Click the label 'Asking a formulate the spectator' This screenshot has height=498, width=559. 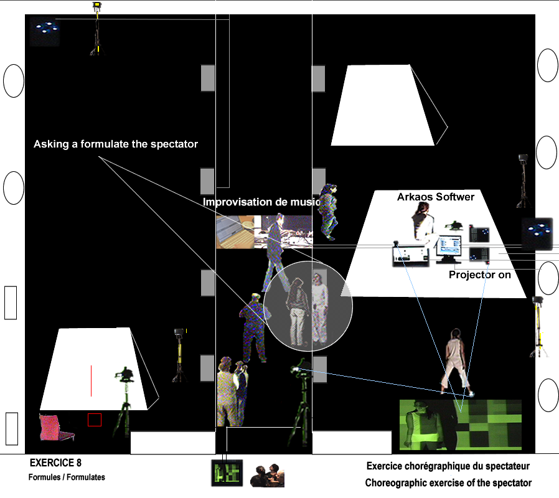[116, 144]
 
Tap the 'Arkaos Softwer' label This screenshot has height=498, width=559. [436, 197]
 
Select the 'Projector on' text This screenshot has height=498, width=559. [480, 275]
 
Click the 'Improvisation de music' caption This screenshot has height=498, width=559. [261, 202]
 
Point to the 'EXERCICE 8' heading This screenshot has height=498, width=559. [55, 463]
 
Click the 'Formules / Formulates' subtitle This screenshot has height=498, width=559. [67, 477]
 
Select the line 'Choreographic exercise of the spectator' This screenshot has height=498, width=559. [448, 483]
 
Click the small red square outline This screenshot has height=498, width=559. [95, 420]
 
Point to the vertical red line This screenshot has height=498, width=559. [91, 381]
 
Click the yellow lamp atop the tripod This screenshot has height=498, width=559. [96, 7]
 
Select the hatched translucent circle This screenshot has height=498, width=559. [308, 304]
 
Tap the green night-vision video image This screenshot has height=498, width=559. [459, 425]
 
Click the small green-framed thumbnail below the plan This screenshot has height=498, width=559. [225, 474]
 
